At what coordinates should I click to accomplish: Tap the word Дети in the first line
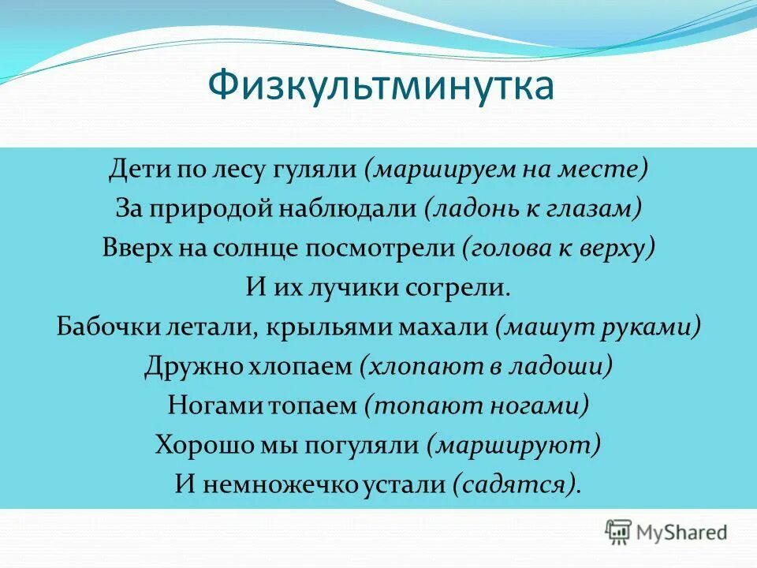[x=136, y=168]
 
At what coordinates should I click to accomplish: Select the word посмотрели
[x=383, y=248]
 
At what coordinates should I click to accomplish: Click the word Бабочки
[x=106, y=327]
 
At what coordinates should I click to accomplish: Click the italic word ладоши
[x=567, y=366]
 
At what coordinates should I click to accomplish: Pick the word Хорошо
[x=198, y=445]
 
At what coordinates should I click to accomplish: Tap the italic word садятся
[x=516, y=484]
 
